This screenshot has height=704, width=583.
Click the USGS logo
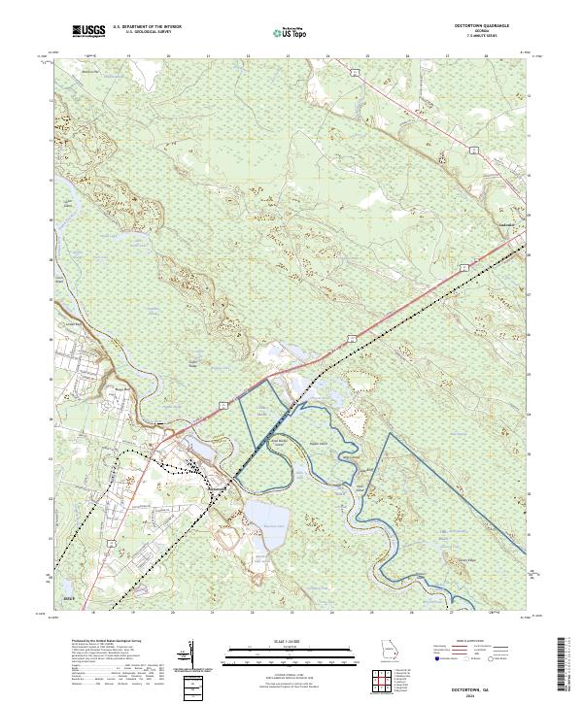click(x=88, y=31)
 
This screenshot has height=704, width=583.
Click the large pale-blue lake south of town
click(x=262, y=514)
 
